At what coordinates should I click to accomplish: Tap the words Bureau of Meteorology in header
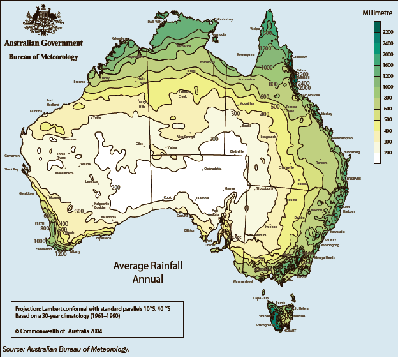(43, 57)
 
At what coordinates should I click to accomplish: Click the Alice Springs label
(186, 136)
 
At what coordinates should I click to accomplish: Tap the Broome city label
(80, 82)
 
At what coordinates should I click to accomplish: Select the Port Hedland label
(54, 102)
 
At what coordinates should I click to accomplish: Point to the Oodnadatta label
(212, 169)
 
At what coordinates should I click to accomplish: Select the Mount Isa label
(247, 103)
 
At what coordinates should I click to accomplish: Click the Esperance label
(103, 238)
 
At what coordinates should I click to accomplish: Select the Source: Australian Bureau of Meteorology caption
(66, 349)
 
